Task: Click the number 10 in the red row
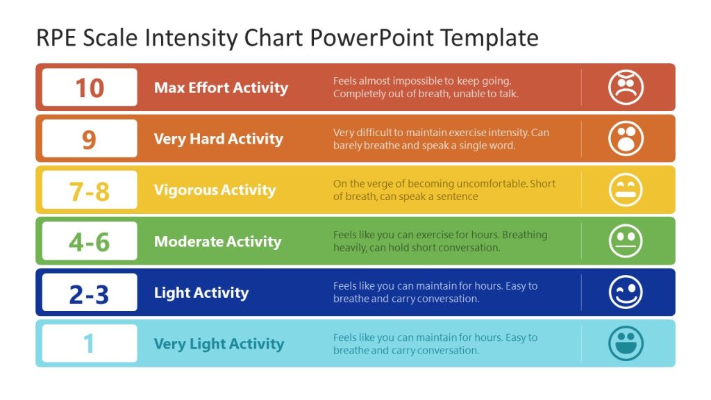point(89,87)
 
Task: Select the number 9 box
point(89,139)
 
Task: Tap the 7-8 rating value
point(89,190)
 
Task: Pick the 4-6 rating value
point(89,242)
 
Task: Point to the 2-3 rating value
point(89,293)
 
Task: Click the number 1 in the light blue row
point(89,344)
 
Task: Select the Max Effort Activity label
point(221,87)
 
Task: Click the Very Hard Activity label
point(218,139)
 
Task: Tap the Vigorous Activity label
point(215,190)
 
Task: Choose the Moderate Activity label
point(217,242)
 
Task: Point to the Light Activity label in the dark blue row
point(201,293)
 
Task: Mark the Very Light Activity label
point(219,344)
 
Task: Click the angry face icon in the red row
point(626,87)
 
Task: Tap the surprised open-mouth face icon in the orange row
point(626,139)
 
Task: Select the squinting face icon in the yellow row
point(626,190)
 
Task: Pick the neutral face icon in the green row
point(626,242)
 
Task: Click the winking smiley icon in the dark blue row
point(626,293)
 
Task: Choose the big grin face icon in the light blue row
point(626,344)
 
